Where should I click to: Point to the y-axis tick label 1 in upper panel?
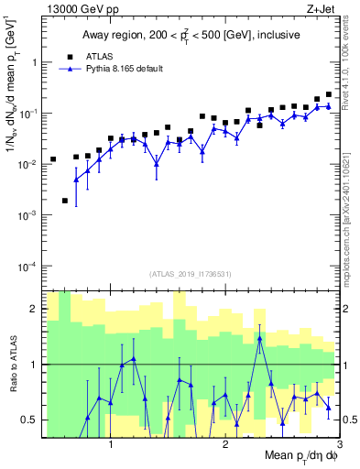(34, 63)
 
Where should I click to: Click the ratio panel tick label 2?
(34, 309)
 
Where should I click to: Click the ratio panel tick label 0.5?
(30, 420)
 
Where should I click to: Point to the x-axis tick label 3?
(339, 446)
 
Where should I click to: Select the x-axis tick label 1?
(111, 446)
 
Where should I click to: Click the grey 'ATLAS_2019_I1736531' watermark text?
(190, 274)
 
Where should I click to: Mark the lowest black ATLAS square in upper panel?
(65, 201)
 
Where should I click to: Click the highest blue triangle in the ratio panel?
(260, 338)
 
